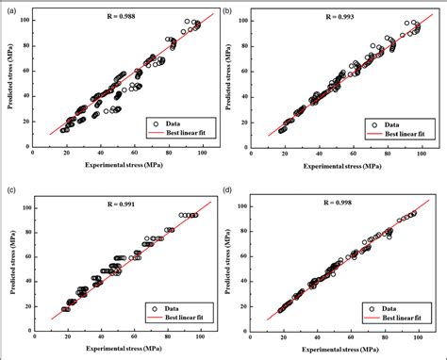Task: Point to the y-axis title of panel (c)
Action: click(16, 261)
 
